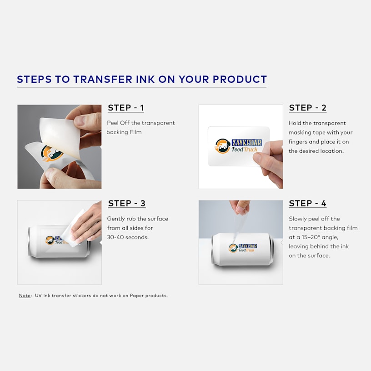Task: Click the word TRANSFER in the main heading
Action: click(103, 79)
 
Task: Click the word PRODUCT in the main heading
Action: click(240, 79)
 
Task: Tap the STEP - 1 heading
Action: click(126, 108)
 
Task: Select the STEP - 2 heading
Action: click(308, 108)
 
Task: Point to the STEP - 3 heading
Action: click(126, 203)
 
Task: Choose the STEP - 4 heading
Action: click(308, 203)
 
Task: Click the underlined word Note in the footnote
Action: click(25, 296)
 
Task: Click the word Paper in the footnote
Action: click(136, 296)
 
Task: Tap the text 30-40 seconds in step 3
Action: click(128, 237)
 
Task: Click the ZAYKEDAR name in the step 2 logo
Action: click(246, 142)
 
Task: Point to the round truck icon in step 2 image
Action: click(222, 146)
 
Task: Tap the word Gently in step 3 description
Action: click(116, 219)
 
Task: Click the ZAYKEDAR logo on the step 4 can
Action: click(243, 248)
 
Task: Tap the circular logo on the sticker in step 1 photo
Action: click(52, 153)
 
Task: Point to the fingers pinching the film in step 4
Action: click(240, 207)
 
